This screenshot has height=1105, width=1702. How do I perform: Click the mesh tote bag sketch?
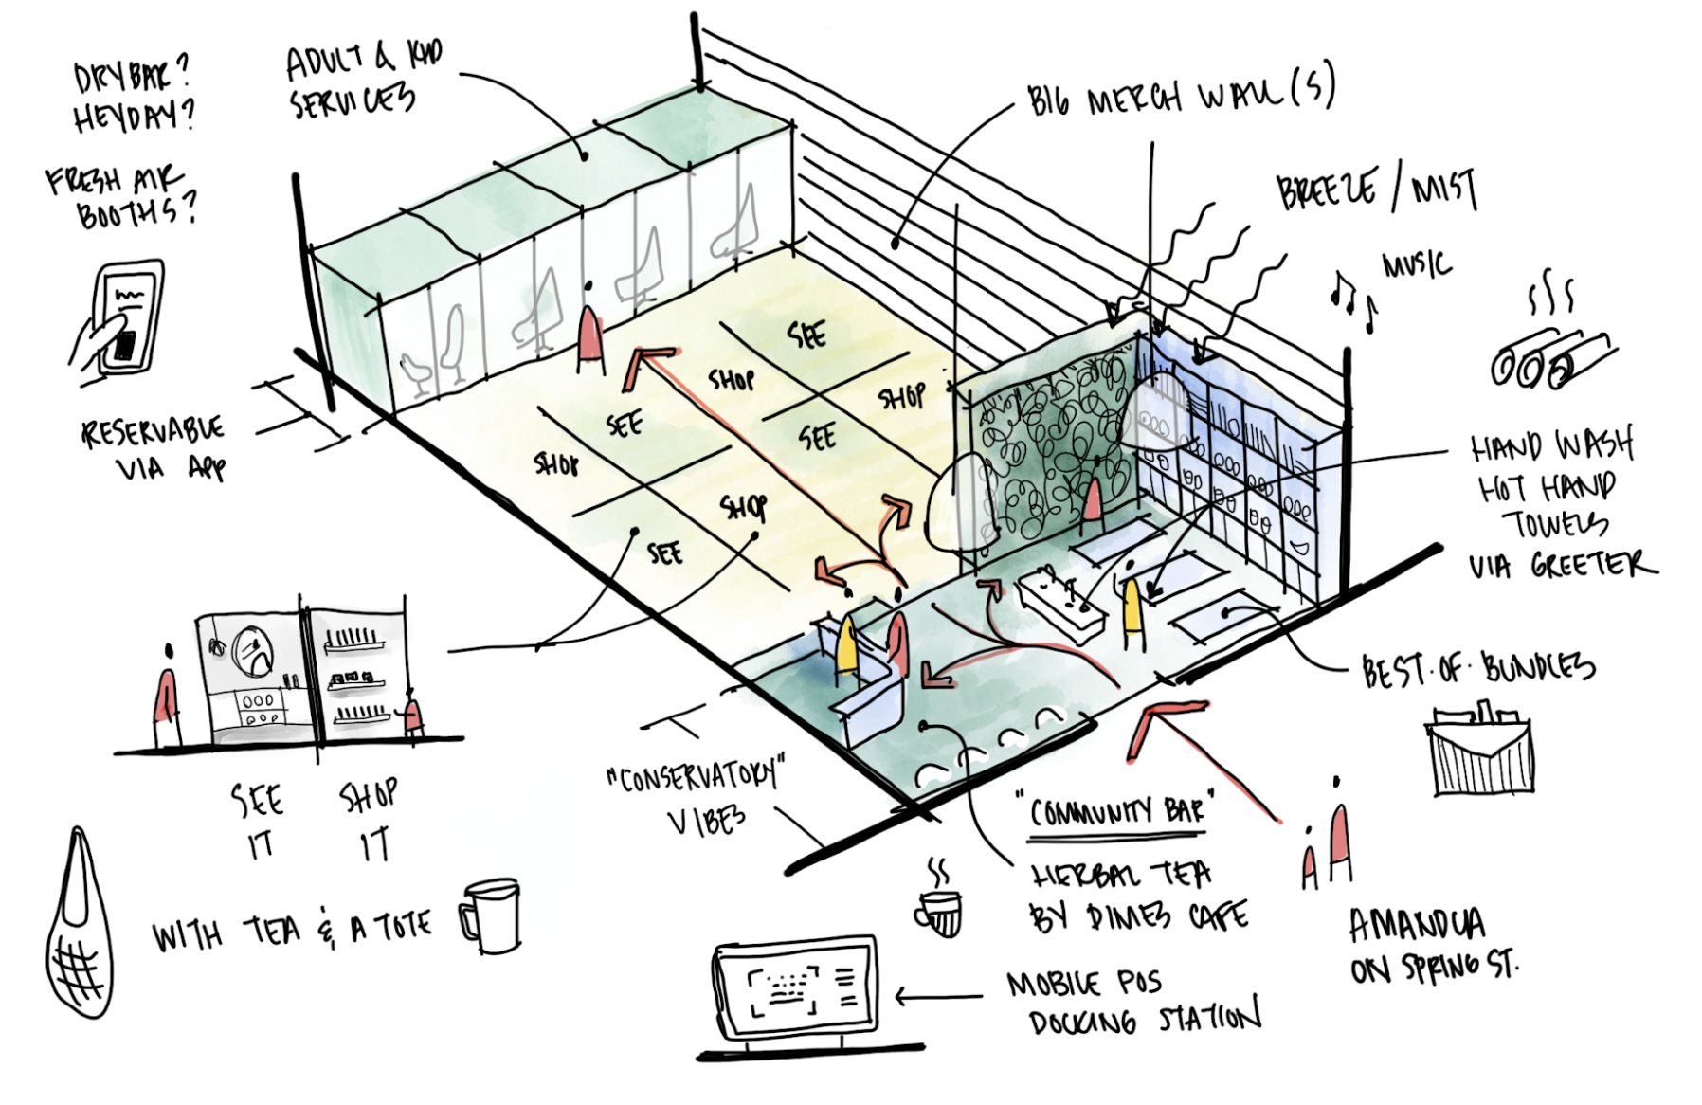click(80, 933)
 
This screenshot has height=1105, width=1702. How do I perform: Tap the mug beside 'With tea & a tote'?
click(491, 915)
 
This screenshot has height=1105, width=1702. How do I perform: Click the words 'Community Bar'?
click(1115, 811)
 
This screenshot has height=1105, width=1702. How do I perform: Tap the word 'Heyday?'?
click(134, 115)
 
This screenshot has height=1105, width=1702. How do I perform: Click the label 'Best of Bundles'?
click(1477, 669)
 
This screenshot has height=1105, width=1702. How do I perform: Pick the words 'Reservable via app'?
click(152, 449)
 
